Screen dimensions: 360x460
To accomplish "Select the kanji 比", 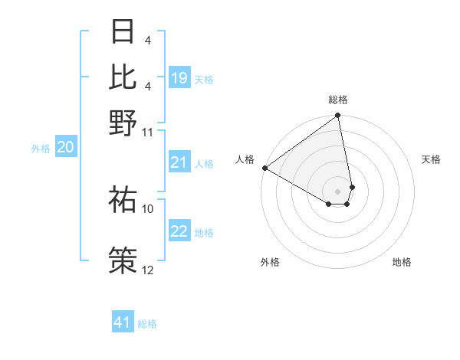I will (123, 77).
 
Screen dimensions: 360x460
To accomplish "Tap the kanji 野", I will (123, 123).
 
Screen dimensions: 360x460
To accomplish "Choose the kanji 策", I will (123, 259).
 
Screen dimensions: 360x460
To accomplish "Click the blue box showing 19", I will (179, 78).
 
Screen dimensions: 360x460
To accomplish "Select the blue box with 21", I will (179, 162).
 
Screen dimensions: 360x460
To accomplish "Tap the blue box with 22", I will (179, 231).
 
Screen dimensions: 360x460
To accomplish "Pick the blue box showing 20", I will (65, 148).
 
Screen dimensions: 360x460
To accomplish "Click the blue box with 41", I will (123, 322).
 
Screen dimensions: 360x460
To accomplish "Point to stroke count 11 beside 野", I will (148, 132).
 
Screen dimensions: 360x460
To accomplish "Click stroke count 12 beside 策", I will (148, 270).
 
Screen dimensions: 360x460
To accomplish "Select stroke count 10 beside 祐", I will (148, 208).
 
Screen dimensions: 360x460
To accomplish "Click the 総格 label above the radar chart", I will (338, 100).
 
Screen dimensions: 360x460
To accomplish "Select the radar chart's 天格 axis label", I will (432, 159).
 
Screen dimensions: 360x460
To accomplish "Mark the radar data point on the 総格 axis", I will (337, 116).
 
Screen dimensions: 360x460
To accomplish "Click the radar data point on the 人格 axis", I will (264, 168).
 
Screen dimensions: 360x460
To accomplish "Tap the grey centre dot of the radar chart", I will (337, 191).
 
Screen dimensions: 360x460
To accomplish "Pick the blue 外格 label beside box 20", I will (40, 149).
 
